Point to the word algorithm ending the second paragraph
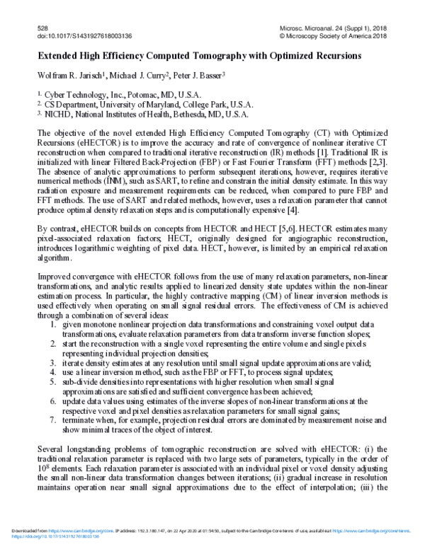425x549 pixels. point(55,260)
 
